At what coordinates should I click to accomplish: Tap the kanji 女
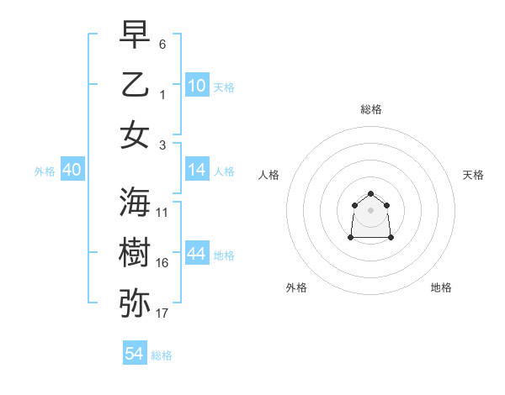pyautogui.click(x=135, y=134)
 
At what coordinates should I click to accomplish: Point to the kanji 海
pyautogui.click(x=135, y=202)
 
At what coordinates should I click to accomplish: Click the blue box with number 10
pyautogui.click(x=196, y=86)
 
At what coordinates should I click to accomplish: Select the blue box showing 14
pyautogui.click(x=196, y=170)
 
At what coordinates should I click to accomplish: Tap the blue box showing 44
pyautogui.click(x=196, y=254)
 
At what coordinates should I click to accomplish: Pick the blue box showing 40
pyautogui.click(x=72, y=170)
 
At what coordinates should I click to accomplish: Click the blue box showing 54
pyautogui.click(x=135, y=354)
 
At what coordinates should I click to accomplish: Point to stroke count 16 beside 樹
pyautogui.click(x=162, y=263)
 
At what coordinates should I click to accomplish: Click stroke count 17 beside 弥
pyautogui.click(x=162, y=313)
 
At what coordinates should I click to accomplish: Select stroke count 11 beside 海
pyautogui.click(x=162, y=213)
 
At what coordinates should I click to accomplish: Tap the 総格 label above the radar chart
pyautogui.click(x=371, y=109)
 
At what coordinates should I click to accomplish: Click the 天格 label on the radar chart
pyautogui.click(x=473, y=175)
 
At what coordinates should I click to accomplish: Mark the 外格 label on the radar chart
pyautogui.click(x=296, y=287)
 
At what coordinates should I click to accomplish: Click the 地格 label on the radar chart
pyautogui.click(x=441, y=287)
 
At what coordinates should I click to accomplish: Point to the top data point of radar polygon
pyautogui.click(x=371, y=193)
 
